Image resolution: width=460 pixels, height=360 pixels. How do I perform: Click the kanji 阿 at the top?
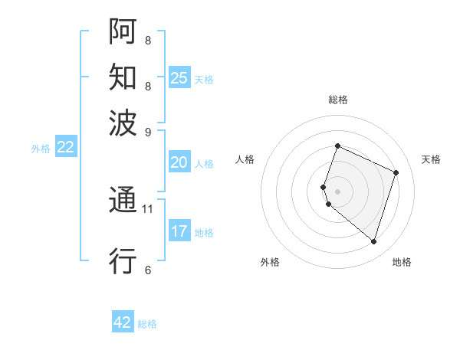[x=123, y=32]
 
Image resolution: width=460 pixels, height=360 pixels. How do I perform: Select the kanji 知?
[x=123, y=77]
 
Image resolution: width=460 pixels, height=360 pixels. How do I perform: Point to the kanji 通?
[x=123, y=201]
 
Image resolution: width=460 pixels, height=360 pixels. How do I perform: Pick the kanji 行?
[x=123, y=261]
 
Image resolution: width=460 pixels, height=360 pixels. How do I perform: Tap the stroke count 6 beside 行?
[x=148, y=270]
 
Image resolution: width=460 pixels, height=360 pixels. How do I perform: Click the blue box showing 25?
[x=179, y=77]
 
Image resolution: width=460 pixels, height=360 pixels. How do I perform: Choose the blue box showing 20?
[x=179, y=162]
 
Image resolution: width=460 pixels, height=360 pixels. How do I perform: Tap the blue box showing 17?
[x=179, y=231]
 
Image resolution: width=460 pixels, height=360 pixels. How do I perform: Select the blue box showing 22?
[x=65, y=148]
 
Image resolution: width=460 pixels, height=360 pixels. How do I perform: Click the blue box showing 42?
[x=123, y=322]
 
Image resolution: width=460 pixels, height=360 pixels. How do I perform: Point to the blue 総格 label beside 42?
[x=147, y=324]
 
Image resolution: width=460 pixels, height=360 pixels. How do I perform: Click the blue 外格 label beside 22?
[x=41, y=149]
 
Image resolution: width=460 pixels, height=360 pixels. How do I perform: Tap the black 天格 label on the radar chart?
[x=431, y=159]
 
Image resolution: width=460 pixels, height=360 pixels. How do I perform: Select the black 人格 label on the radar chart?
[x=245, y=159]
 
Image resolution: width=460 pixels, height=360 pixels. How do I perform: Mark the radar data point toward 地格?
[x=373, y=242]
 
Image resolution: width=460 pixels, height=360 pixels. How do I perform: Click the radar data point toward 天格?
[x=396, y=172]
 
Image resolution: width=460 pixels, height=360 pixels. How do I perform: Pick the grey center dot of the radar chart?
[x=338, y=191]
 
